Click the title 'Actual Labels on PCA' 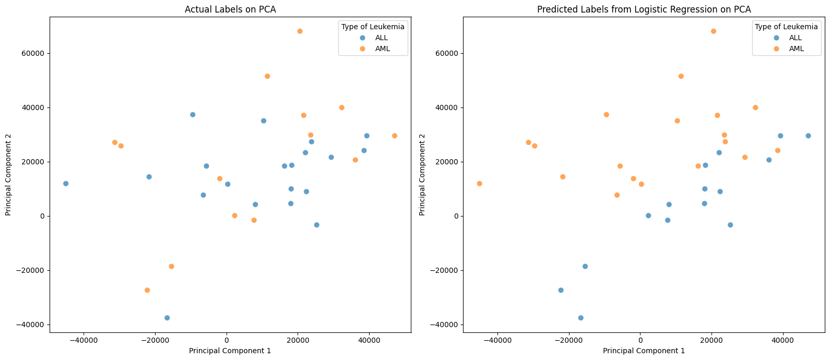230,9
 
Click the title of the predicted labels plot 644,9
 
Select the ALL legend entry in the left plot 381,38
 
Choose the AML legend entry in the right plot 796,49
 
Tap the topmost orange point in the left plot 300,31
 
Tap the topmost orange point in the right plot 714,31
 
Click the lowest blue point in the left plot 167,318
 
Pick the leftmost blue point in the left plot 66,184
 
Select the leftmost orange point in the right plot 479,184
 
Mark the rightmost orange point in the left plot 395,136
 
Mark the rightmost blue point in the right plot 808,136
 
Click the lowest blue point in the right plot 580,318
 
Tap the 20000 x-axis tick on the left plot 298,340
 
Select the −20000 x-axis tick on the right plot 568,340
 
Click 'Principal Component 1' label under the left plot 230,351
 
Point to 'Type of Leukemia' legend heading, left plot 373,27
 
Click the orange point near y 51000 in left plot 267,76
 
